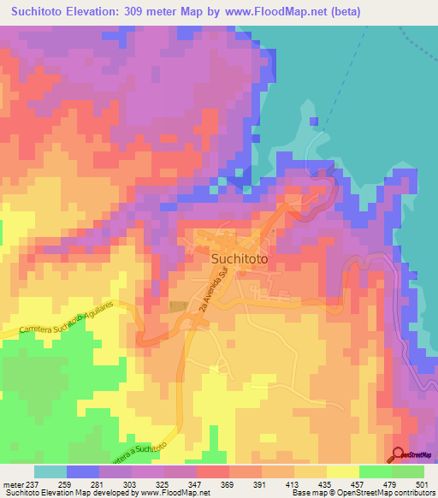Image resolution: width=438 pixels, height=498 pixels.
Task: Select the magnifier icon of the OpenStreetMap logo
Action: (398, 454)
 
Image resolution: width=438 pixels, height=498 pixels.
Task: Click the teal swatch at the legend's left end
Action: (50, 471)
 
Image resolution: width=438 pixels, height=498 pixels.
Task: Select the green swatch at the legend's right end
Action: (407, 471)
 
